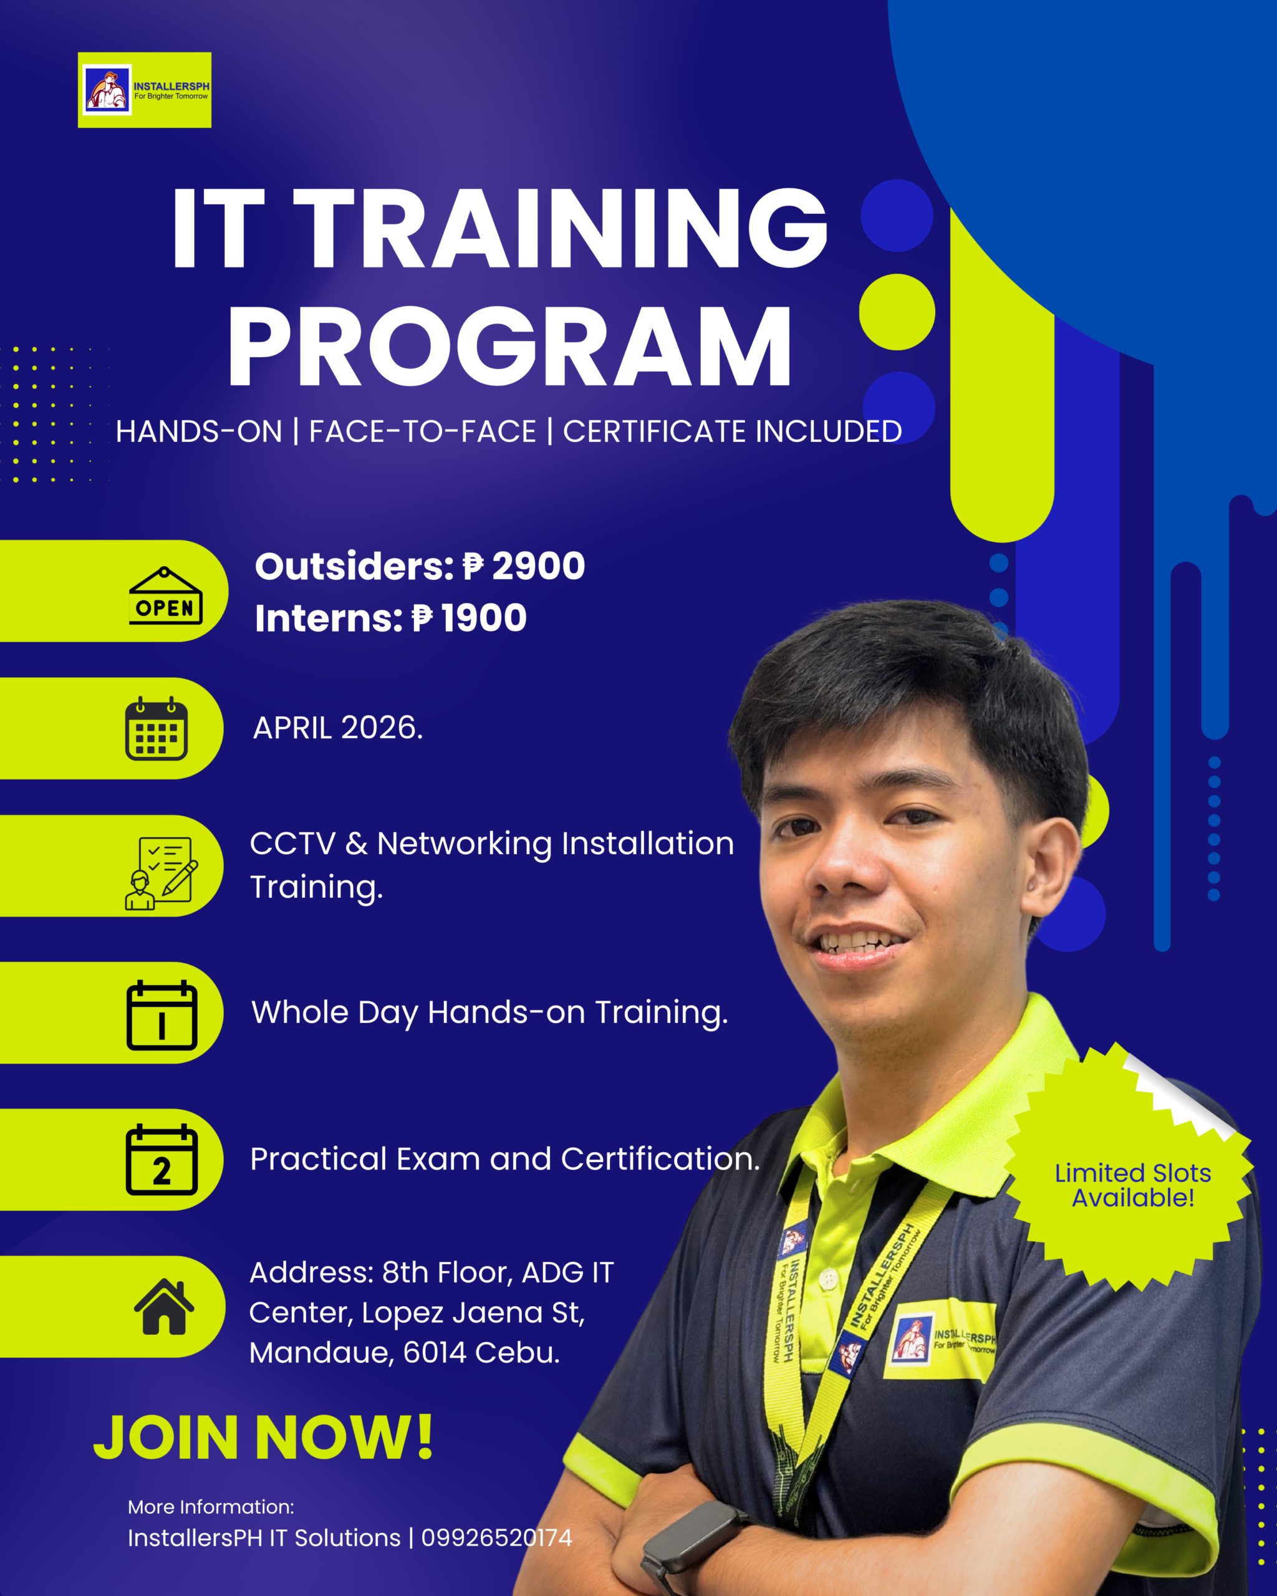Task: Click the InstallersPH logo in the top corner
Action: pos(145,90)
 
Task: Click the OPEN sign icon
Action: pos(165,595)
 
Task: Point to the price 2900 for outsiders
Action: pos(538,566)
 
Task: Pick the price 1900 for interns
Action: pos(483,618)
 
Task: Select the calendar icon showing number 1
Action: pos(161,1015)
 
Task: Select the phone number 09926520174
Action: pos(497,1538)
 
